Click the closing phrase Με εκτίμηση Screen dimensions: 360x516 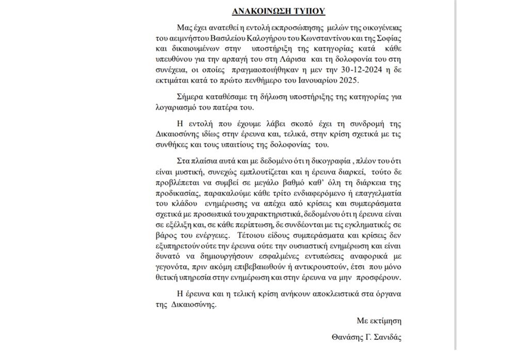pyautogui.click(x=379, y=321)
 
